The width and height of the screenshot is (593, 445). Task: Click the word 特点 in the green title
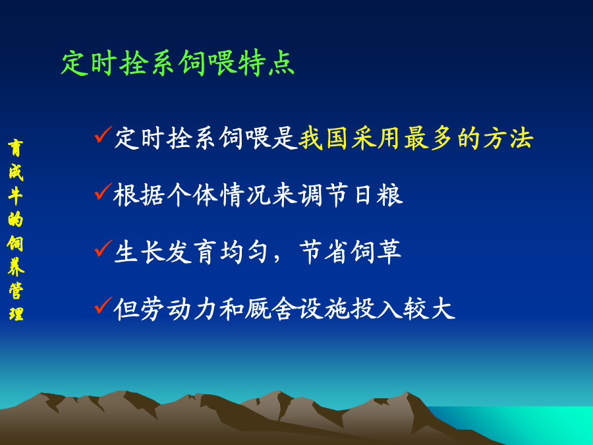267,63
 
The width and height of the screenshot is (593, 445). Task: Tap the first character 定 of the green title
74,63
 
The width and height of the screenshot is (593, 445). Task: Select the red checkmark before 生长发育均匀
103,249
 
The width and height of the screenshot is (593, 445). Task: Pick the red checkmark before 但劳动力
103,305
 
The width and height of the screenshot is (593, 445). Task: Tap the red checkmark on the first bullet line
103,134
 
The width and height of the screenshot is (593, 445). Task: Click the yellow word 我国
324,138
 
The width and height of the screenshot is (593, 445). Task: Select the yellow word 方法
508,138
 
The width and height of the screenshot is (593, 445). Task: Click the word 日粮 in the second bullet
379,195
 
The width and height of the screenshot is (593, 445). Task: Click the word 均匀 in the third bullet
244,252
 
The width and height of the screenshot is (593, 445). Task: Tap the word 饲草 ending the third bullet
376,252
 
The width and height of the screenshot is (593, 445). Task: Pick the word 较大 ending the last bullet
429,309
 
